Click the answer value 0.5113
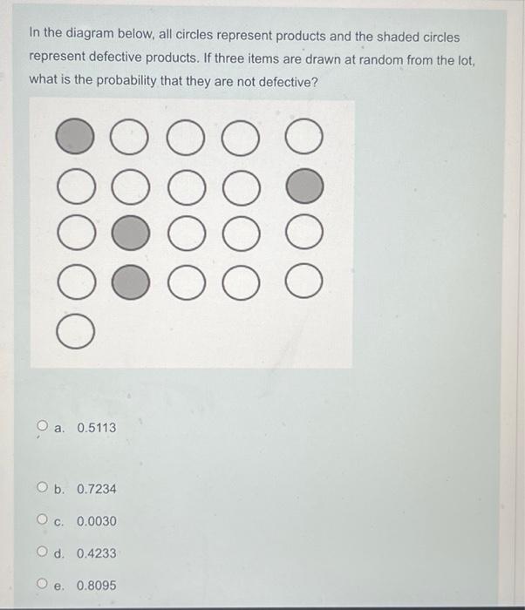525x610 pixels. [96, 428]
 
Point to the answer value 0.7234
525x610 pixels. [96, 489]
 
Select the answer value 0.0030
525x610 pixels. [96, 521]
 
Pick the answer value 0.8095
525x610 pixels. [96, 586]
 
